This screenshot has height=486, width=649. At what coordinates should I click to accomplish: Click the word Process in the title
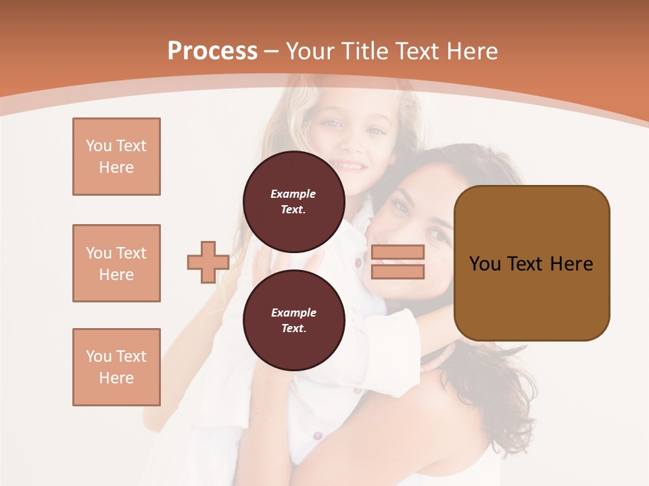[x=212, y=51]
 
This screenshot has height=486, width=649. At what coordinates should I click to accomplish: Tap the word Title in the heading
[x=364, y=51]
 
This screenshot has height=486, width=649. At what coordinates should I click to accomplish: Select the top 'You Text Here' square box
[x=116, y=157]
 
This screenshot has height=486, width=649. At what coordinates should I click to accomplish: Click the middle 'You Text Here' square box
[x=116, y=263]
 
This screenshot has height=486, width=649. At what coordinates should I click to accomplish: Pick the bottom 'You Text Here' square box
[x=116, y=367]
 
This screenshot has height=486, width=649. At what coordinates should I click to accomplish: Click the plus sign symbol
[x=208, y=262]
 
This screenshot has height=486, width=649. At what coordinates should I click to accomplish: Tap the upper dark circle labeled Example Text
[x=293, y=201]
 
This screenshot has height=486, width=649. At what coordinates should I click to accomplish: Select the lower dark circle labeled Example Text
[x=293, y=320]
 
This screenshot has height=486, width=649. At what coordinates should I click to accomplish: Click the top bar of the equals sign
[x=398, y=252]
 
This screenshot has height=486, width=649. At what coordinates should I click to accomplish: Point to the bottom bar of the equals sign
[x=398, y=271]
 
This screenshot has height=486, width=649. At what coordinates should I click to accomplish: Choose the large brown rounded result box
[x=531, y=263]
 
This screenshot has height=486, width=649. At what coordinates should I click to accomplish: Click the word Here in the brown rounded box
[x=571, y=263]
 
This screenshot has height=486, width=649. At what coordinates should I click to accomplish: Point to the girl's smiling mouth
[x=348, y=165]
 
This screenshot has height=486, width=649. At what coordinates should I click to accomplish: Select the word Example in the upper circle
[x=293, y=194]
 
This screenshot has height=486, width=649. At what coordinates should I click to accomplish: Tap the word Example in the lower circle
[x=293, y=313]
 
